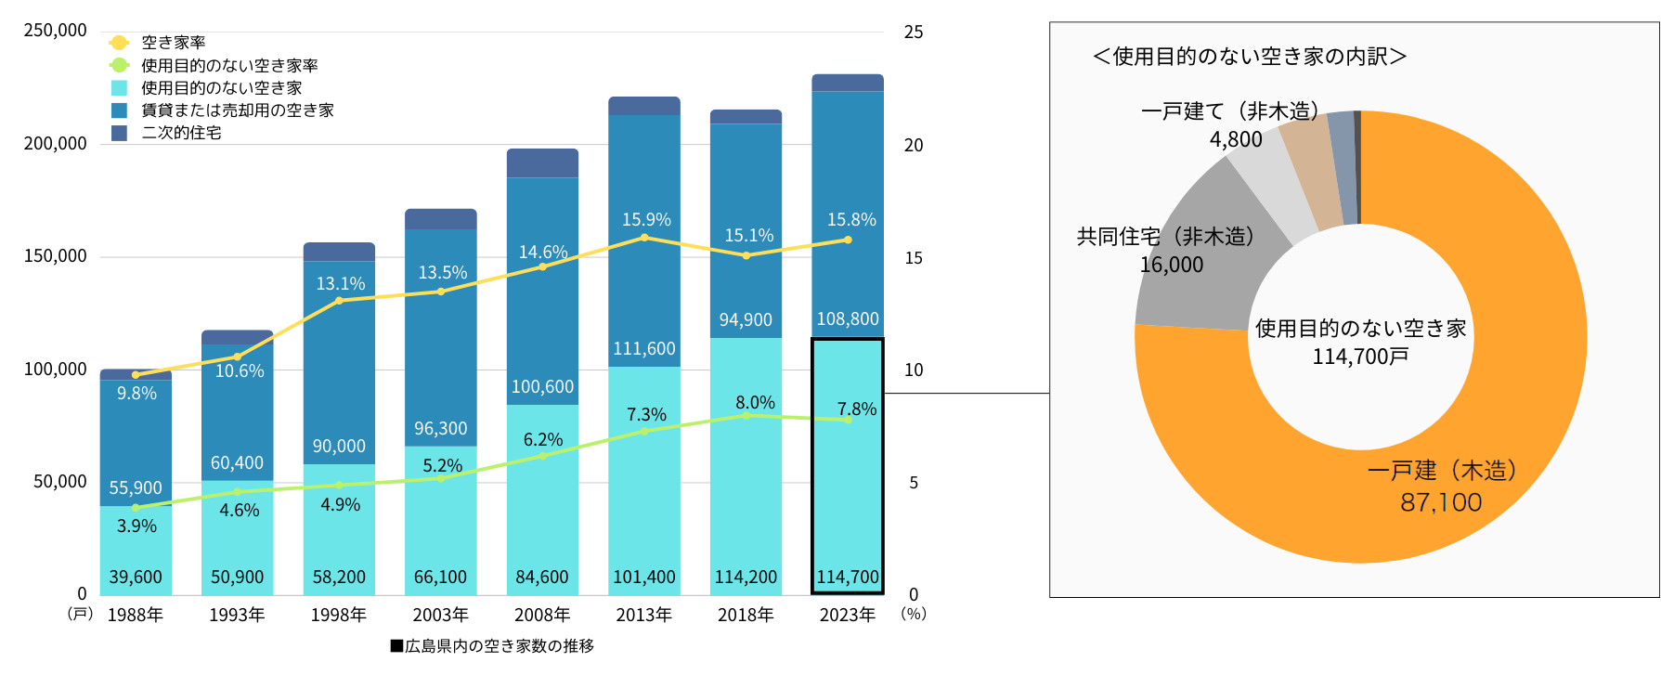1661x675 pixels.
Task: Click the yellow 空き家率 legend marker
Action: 119,43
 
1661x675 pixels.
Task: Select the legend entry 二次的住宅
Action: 181,133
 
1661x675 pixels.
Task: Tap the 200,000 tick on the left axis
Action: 55,144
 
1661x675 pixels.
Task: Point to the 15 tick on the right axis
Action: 914,258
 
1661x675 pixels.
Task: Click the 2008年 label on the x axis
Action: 542,615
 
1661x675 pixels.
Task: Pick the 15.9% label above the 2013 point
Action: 646,220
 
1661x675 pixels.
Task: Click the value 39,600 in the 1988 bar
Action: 136,577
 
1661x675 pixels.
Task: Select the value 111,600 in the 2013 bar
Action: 644,348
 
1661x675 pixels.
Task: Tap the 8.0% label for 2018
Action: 755,402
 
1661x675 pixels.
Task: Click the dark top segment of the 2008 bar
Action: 542,162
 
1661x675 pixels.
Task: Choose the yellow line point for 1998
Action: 339,300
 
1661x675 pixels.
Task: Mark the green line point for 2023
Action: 848,420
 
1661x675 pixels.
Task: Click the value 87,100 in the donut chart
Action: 1441,502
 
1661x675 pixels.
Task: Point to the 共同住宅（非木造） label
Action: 1166,237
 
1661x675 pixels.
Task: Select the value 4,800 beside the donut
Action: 1236,139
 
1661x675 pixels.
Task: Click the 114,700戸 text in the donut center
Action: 1360,357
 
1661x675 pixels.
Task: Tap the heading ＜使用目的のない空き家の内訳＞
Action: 1249,57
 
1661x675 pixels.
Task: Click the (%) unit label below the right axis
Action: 914,614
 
